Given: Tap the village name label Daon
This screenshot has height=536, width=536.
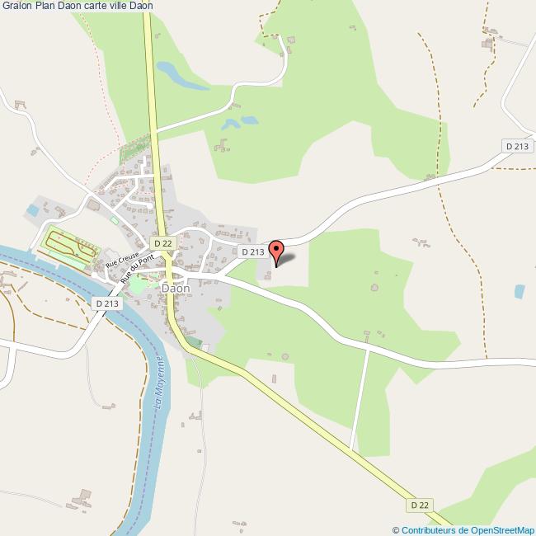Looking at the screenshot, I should pos(176,289).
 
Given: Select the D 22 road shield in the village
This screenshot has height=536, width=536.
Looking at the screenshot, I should pos(162,243).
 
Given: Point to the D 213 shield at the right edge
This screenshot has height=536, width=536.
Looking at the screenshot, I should pos(516,146).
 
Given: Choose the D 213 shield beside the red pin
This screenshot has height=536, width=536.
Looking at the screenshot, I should pos(252,252).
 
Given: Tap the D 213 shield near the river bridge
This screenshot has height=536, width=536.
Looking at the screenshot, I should pos(107,303).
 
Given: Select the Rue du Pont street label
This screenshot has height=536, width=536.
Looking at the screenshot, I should pos(137,269).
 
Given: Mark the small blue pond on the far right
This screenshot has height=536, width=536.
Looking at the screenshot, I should pos(520,291).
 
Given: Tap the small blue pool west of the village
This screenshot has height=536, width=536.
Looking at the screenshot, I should pos(32,210).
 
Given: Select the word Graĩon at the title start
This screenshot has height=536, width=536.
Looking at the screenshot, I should pos(16,6).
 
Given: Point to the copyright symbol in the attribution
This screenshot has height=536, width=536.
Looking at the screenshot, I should pos(396,530).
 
